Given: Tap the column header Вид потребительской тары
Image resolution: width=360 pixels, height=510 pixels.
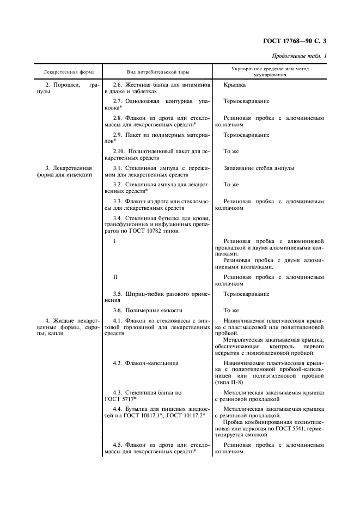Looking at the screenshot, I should pos(154,71).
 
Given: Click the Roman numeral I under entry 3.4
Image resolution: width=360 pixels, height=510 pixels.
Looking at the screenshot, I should pos(114,241).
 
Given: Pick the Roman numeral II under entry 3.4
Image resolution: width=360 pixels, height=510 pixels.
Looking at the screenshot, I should pos(115,277).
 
